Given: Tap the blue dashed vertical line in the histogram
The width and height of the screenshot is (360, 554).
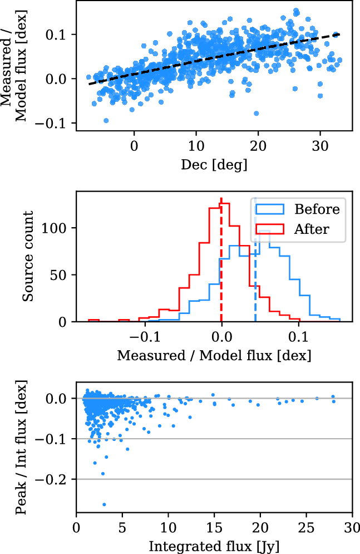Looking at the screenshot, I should (255, 278).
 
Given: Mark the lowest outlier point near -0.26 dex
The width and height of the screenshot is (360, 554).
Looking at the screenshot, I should (104, 504).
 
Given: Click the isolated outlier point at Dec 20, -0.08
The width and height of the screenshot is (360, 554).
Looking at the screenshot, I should (256, 113).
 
